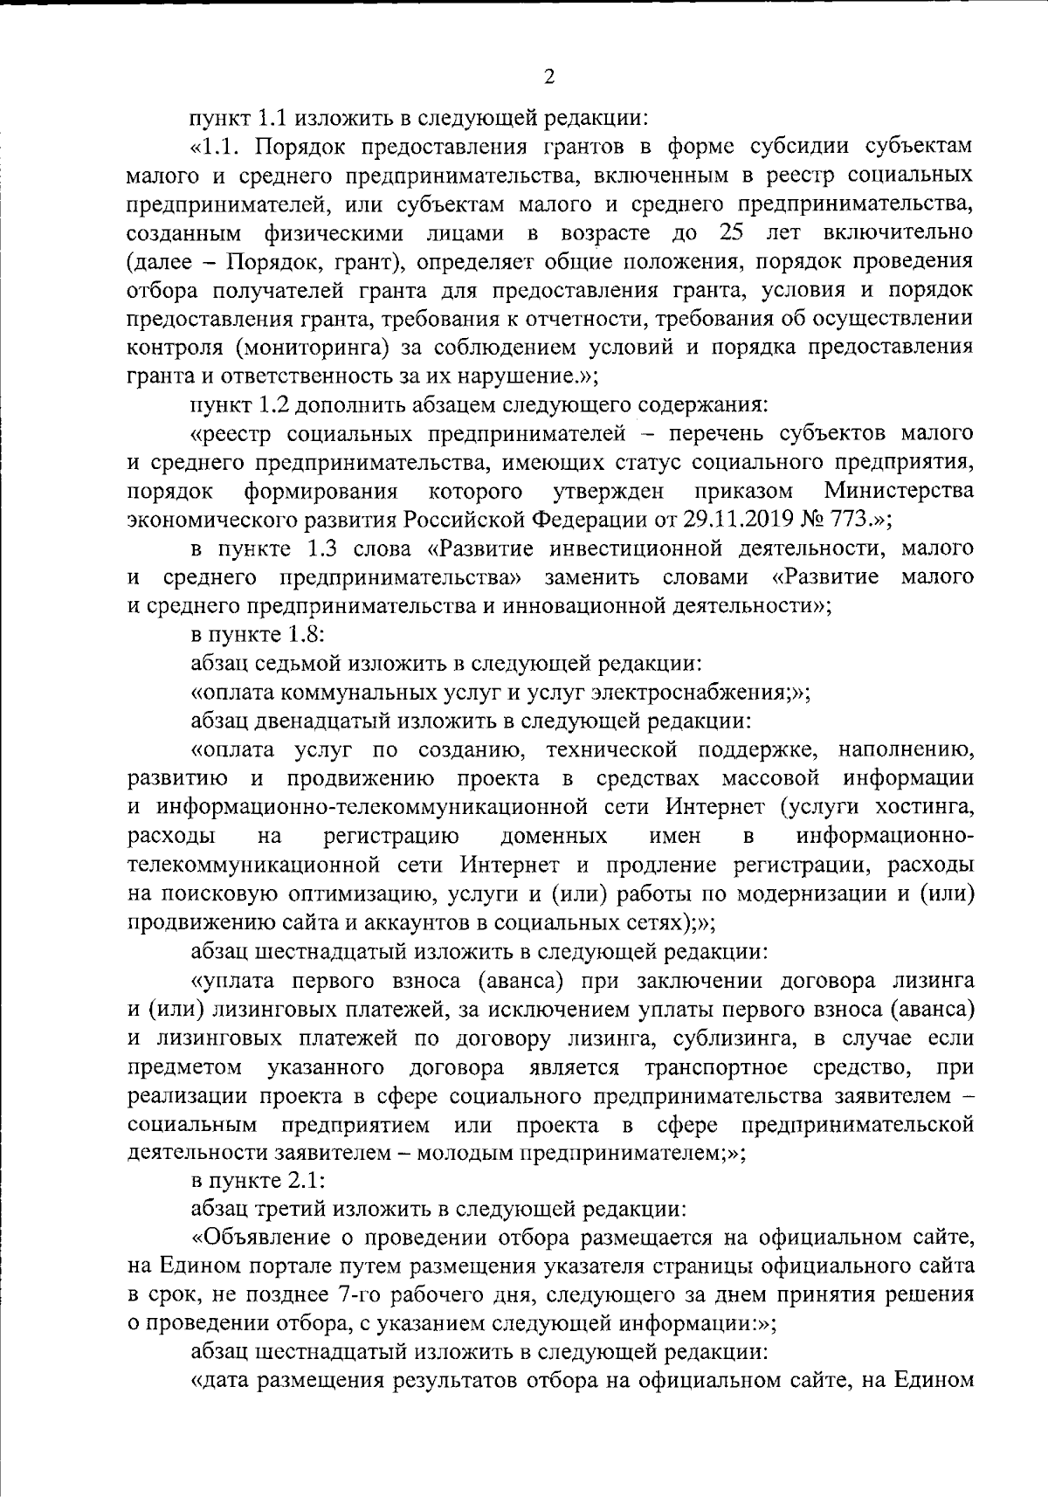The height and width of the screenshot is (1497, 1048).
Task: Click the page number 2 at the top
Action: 548,78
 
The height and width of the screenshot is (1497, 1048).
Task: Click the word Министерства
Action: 899,491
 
